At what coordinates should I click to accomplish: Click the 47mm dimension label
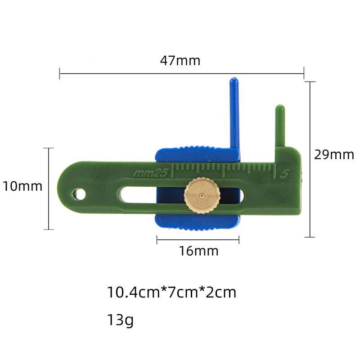(180, 61)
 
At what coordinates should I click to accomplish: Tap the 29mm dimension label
(334, 154)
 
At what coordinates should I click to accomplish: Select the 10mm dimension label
(22, 186)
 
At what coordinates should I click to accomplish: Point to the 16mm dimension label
(198, 251)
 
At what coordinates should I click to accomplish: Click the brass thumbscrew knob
(202, 195)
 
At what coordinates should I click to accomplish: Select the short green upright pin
(280, 126)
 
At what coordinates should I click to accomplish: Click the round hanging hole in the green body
(79, 194)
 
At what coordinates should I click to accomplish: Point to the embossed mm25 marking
(151, 173)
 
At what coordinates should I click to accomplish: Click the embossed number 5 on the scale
(284, 174)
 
